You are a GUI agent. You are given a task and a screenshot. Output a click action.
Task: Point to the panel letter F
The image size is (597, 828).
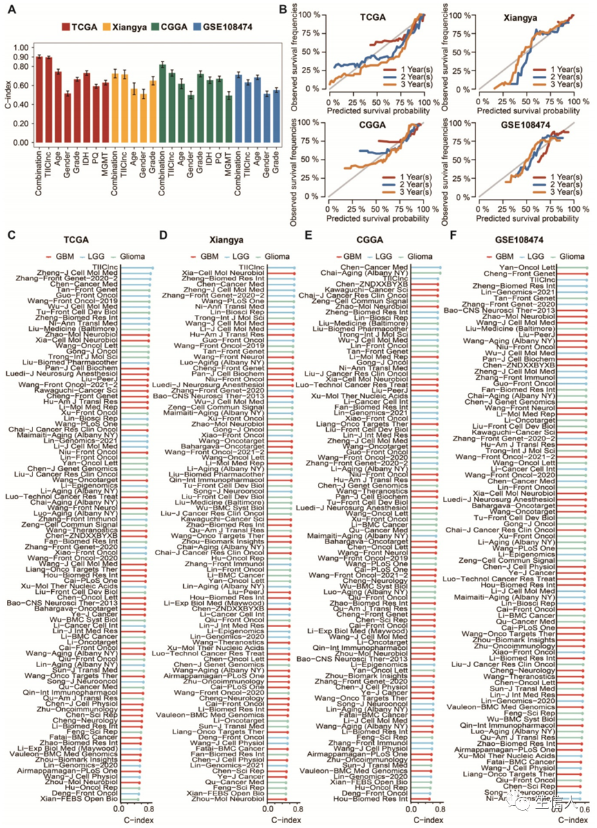453,236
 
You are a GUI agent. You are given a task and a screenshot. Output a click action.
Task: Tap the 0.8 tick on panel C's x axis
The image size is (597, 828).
151,807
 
